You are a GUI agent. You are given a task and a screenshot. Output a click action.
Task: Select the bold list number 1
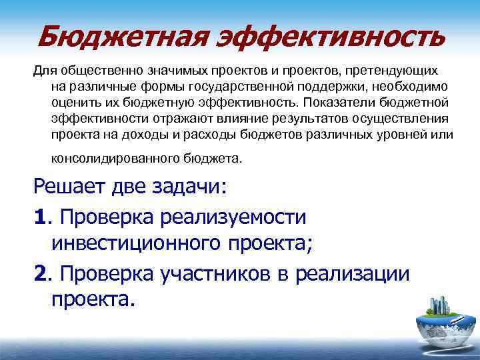pyautogui.click(x=39, y=217)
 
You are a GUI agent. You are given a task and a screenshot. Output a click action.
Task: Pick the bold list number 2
pyautogui.click(x=39, y=275)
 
